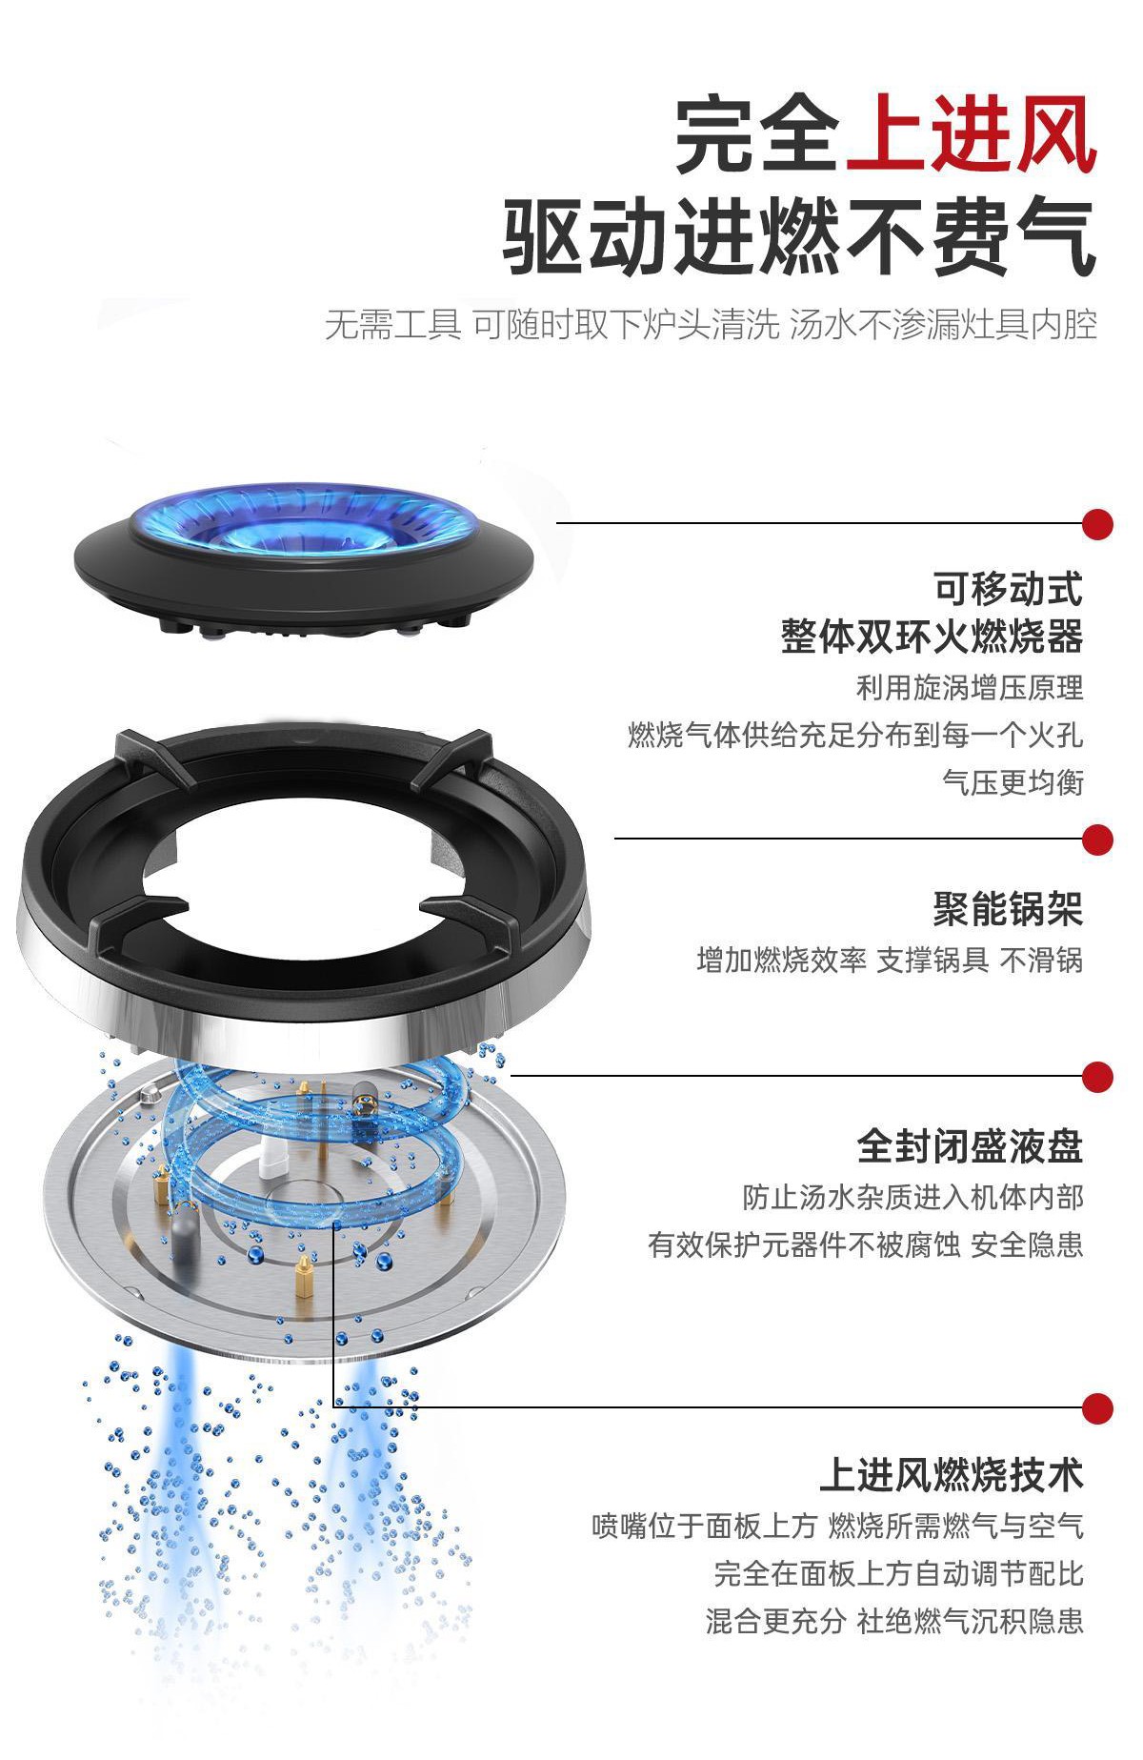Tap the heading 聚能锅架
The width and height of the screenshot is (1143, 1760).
[1008, 909]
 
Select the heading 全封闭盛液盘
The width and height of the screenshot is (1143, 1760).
[970, 1146]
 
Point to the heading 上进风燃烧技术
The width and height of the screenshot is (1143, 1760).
[952, 1475]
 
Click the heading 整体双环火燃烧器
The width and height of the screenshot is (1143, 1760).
[932, 636]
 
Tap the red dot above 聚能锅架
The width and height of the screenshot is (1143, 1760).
[1098, 840]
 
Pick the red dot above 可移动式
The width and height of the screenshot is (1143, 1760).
[1098, 523]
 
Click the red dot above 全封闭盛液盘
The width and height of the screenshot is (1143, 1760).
[1098, 1077]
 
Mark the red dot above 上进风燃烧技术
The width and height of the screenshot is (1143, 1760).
[1098, 1407]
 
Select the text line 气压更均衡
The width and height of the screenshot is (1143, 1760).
[1013, 782]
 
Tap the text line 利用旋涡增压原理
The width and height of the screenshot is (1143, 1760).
[970, 687]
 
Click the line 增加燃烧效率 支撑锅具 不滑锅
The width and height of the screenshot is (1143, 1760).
[890, 960]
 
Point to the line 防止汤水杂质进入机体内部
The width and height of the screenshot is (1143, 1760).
[912, 1197]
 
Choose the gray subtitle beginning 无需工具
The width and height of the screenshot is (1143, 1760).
[711, 325]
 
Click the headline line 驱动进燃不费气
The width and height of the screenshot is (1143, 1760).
[799, 235]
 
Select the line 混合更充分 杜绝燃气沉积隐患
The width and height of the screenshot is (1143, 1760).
[894, 1621]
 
